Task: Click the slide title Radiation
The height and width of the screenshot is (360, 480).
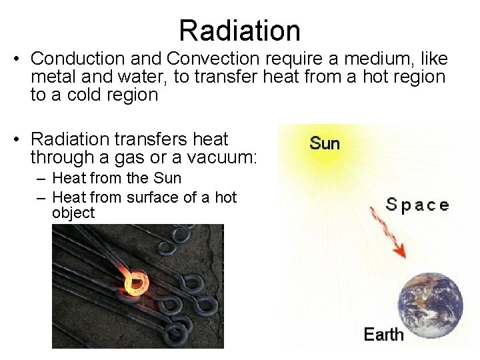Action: coord(239,31)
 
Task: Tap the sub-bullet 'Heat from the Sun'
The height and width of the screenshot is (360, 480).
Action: coord(117,178)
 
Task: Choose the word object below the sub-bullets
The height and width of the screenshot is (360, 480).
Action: coord(73,213)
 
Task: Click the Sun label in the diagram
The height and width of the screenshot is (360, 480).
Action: coord(325,143)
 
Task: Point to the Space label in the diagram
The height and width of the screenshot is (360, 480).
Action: coord(417,205)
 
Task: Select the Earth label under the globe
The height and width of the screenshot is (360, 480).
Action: coord(384,334)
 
